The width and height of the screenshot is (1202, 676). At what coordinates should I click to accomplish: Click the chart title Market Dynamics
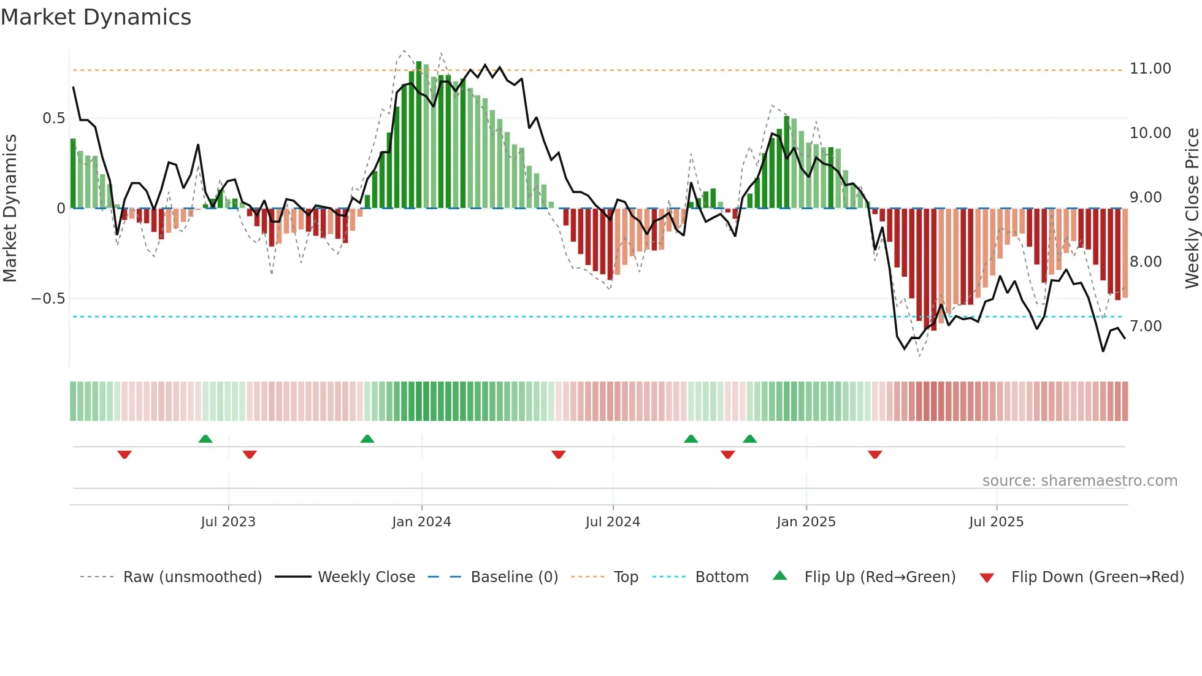point(96,17)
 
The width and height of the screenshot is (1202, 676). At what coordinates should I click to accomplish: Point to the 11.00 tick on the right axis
point(1150,69)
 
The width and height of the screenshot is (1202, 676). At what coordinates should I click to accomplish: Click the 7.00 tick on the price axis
point(1146,326)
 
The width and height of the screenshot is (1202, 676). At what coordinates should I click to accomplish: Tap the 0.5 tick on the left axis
point(53,118)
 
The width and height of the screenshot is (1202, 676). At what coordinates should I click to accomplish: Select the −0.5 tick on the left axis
point(48,299)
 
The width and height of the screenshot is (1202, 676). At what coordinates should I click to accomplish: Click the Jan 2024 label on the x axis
point(421,522)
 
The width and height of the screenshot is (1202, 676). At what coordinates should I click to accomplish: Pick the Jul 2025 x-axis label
point(996,522)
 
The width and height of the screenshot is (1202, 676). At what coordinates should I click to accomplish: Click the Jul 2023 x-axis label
point(228,522)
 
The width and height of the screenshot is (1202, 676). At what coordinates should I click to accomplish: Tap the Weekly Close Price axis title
point(1192,209)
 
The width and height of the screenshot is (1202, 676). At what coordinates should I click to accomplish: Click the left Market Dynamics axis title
point(10,209)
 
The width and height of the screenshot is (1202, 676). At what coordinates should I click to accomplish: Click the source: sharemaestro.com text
point(1079,481)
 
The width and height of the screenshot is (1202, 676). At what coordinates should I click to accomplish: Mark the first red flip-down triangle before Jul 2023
point(124,455)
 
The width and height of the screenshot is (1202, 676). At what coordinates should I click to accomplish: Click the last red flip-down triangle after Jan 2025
point(875,455)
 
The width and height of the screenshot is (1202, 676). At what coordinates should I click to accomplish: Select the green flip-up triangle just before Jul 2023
point(205,439)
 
